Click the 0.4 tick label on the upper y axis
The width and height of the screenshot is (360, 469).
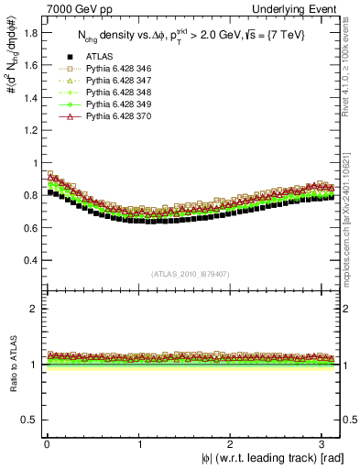pyautogui.click(x=31, y=260)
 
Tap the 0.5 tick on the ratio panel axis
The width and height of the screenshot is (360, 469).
pyautogui.click(x=31, y=420)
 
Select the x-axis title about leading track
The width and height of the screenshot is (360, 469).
pyautogui.click(x=265, y=457)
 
